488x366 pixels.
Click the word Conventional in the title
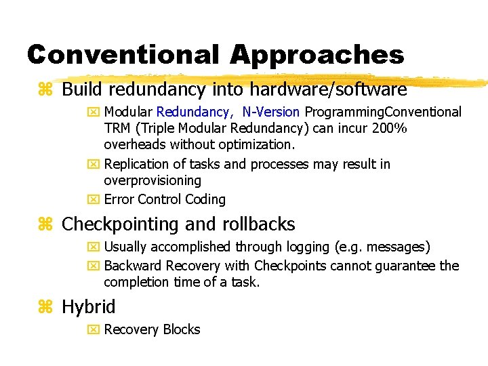point(123,55)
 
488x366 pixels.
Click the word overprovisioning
point(152,180)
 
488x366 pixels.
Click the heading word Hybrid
point(88,307)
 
